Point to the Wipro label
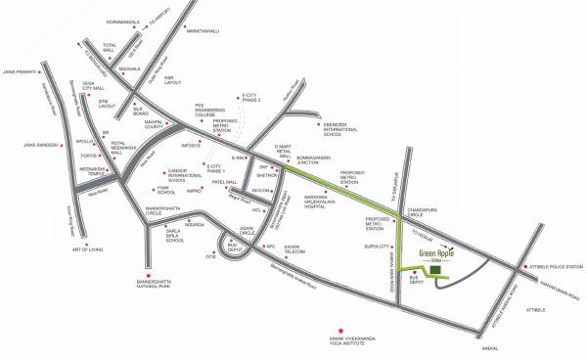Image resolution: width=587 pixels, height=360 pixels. pos(195,190)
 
